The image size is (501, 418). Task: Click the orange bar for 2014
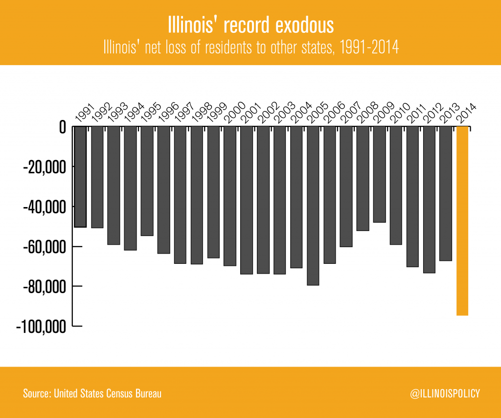462,220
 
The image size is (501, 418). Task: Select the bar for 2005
313,206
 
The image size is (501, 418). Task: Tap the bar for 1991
80,176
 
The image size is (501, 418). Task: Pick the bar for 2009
379,174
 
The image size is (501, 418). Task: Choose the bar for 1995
147,181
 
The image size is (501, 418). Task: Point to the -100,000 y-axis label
41,326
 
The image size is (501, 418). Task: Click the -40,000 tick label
44,207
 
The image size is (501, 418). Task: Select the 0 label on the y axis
62,128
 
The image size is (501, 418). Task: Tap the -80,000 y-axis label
44,286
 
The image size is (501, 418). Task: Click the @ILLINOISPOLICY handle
445,393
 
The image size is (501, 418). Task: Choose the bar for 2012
429,206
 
